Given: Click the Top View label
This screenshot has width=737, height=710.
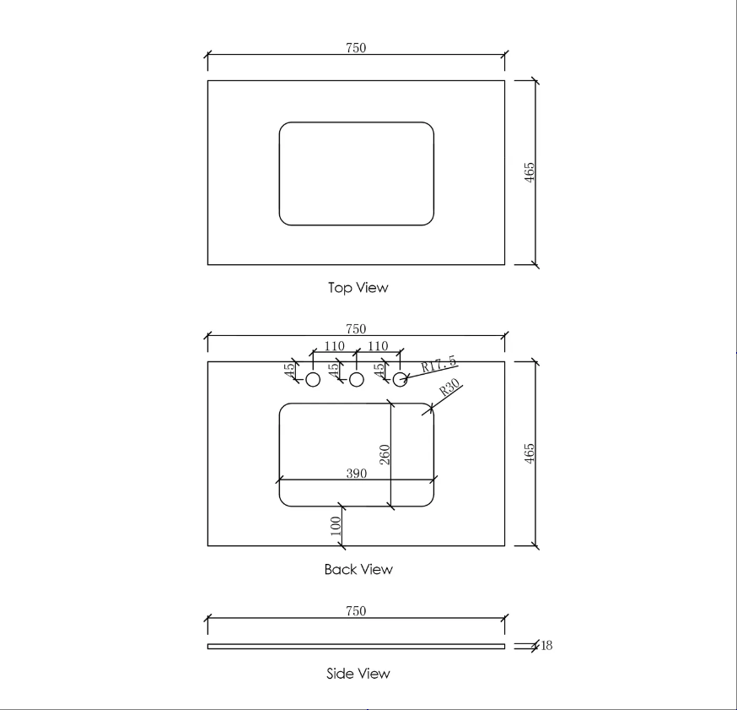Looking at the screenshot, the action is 358,288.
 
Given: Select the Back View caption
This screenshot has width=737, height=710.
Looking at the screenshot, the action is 358,569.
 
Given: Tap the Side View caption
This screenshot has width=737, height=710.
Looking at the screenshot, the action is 358,674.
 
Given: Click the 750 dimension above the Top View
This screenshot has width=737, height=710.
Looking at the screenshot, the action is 356,47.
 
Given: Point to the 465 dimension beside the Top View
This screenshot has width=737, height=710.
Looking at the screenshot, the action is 530,172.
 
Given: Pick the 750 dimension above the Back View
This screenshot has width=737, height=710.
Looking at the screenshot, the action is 356,328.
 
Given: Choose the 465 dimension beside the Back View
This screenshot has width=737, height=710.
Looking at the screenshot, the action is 530,453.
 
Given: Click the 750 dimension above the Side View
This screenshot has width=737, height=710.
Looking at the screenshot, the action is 356,610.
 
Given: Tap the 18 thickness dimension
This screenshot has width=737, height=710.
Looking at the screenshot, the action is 546,645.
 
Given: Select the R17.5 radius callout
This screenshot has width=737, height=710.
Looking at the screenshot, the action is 438,364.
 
